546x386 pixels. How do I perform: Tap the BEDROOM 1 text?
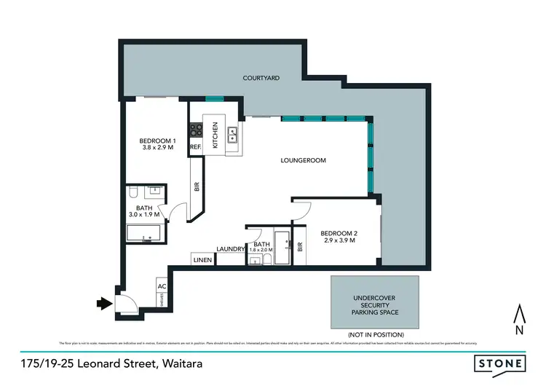point(158,141)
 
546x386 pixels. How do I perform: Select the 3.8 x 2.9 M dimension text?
point(158,149)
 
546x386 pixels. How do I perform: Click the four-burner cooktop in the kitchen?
point(197,131)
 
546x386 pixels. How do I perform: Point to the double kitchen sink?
point(233,133)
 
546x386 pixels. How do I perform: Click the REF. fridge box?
point(195,147)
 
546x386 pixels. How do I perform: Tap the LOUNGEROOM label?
point(304,160)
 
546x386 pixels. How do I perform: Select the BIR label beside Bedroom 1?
point(197,186)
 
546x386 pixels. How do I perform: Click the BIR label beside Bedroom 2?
point(298,247)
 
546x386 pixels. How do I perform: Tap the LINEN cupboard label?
point(202,260)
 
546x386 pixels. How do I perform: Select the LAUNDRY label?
point(229,249)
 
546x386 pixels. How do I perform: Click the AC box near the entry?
point(161,286)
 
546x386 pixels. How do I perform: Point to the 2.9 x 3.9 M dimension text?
point(339,240)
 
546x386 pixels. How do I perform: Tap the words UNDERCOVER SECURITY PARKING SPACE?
point(376,304)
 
